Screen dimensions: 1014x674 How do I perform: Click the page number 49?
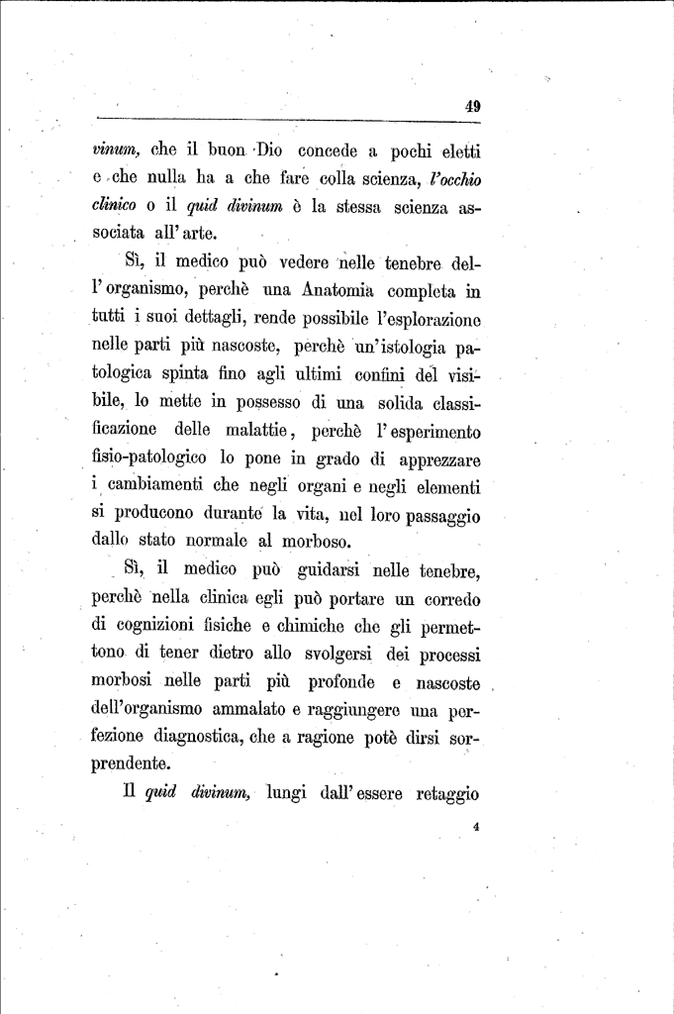[x=472, y=108]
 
